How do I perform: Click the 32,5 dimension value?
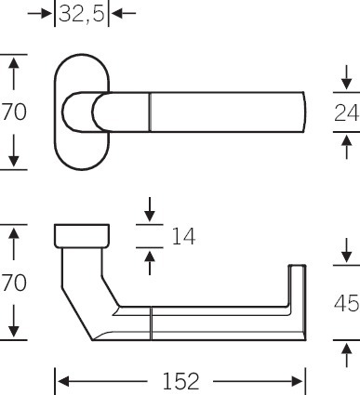82,14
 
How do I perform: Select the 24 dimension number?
347,112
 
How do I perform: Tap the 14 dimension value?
183,236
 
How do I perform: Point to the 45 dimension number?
347,303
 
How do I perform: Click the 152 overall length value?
180,381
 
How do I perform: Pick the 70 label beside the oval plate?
13,112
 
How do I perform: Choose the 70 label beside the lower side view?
13,283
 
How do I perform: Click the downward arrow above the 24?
346,77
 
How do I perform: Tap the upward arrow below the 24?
346,147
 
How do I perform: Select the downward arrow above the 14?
150,209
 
